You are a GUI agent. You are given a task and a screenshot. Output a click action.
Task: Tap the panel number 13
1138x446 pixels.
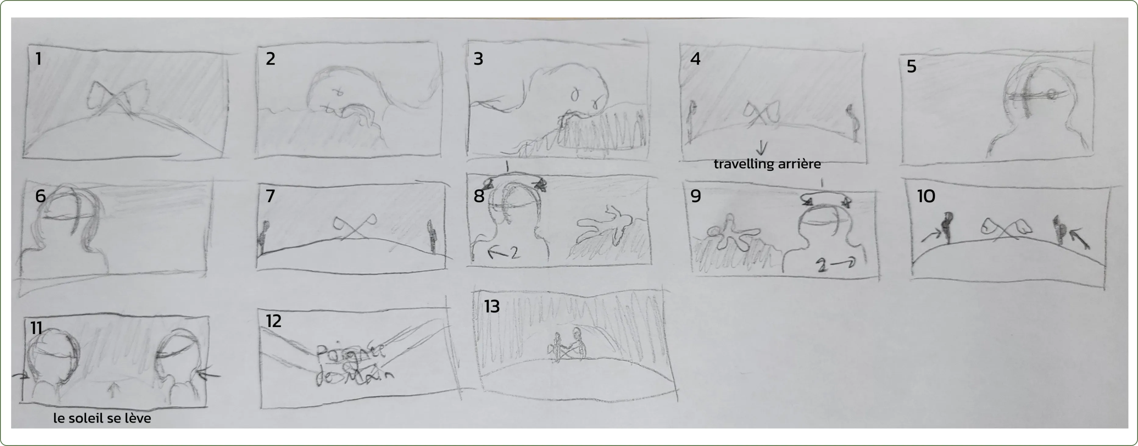click(491, 306)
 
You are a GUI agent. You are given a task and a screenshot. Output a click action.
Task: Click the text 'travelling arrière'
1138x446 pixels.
click(767, 164)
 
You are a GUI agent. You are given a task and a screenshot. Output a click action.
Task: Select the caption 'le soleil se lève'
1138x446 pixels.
click(102, 418)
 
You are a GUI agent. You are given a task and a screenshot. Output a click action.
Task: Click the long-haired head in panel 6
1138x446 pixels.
click(71, 216)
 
